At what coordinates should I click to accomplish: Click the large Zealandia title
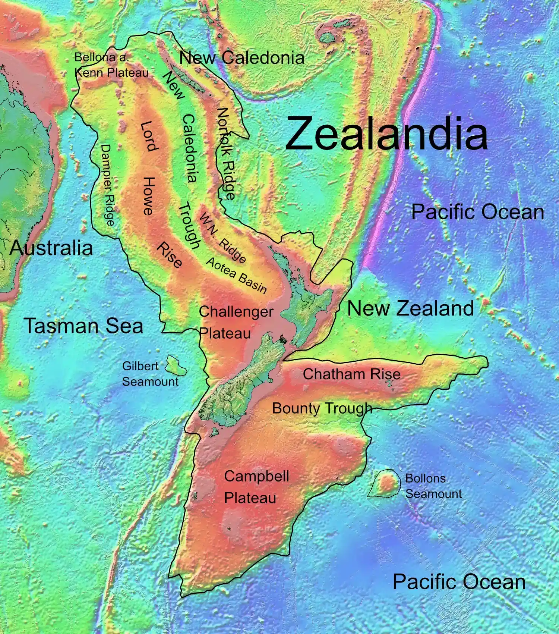pyautogui.click(x=386, y=134)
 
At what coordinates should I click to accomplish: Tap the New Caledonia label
pyautogui.click(x=241, y=58)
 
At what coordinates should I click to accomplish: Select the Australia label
pyautogui.click(x=51, y=248)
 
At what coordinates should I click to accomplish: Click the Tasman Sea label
pyautogui.click(x=83, y=325)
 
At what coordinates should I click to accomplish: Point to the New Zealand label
pyautogui.click(x=410, y=308)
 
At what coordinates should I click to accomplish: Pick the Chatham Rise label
pyautogui.click(x=351, y=374)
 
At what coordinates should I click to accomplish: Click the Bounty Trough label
pyautogui.click(x=322, y=408)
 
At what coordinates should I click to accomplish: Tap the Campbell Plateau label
pyautogui.click(x=256, y=487)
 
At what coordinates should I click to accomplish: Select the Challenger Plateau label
pyautogui.click(x=236, y=322)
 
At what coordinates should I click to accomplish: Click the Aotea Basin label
pyautogui.click(x=236, y=275)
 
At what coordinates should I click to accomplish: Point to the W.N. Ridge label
pyautogui.click(x=223, y=238)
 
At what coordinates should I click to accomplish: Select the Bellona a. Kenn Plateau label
pyautogui.click(x=111, y=65)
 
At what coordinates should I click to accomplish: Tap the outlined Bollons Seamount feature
pyautogui.click(x=385, y=484)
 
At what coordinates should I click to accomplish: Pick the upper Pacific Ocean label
pyautogui.click(x=477, y=212)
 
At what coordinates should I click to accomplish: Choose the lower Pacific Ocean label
pyautogui.click(x=459, y=581)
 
